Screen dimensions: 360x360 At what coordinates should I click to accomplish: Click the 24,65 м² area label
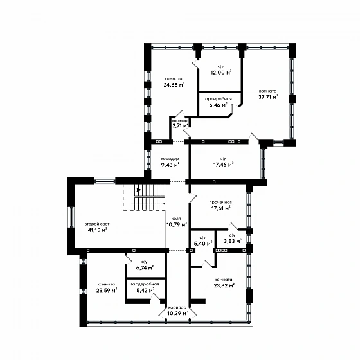pos(174,85)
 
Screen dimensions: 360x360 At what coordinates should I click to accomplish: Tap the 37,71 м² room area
pos(268,96)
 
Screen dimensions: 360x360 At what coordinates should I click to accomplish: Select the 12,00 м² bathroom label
pos(221,73)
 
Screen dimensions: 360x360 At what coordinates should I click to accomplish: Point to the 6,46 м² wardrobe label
pos(218,105)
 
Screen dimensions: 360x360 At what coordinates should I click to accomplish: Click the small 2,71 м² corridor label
pos(181,125)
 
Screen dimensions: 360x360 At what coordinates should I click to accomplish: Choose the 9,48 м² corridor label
pos(170,165)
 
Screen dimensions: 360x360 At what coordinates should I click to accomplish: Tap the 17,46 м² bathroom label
pos(224,164)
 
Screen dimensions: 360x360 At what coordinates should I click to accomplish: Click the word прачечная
pos(221,202)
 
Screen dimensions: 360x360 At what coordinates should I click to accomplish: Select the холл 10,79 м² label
pos(177,222)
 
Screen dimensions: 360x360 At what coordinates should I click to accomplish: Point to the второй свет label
pos(97,224)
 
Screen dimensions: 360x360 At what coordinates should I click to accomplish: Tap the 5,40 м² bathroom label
pos(203,243)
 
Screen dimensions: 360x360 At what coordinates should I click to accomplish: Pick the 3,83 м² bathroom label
pos(233,241)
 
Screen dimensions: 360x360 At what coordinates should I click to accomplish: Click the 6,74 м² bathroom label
pos(145,267)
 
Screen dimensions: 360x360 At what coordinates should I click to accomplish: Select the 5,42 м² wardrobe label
pos(145,290)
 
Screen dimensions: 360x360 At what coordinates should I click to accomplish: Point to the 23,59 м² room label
pos(107,290)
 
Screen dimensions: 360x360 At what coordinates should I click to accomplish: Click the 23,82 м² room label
pos(224,285)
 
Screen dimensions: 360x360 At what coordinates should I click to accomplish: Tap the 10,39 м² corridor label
pos(177,313)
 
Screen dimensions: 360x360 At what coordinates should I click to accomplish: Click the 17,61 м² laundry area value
pos(221,208)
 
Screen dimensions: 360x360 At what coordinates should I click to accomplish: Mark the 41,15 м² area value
pos(98,230)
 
